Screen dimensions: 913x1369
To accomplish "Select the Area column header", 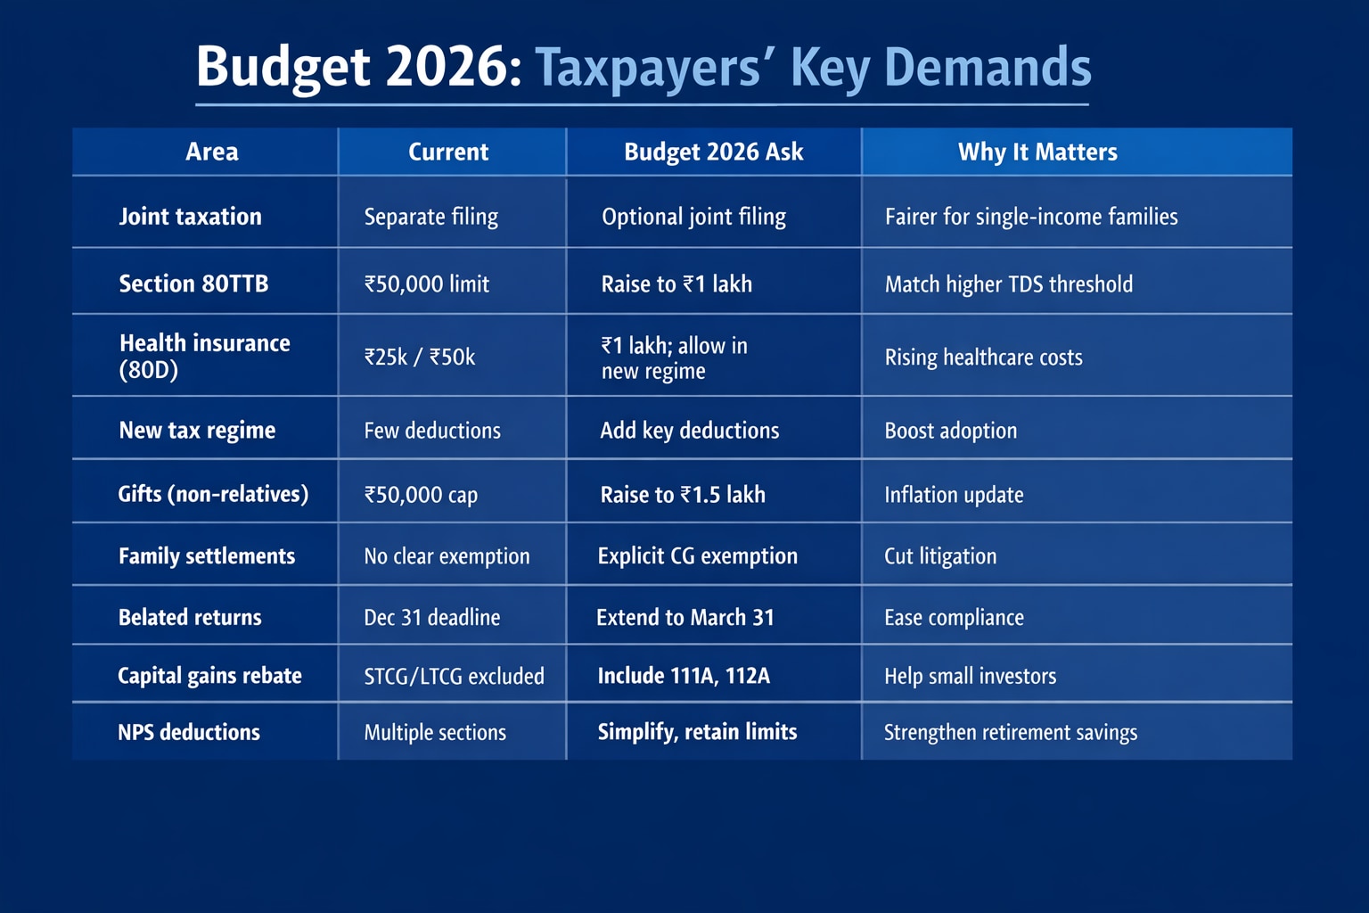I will [x=212, y=152].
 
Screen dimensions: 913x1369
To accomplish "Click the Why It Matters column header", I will [x=1037, y=152].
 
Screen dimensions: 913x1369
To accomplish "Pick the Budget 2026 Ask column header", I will [x=713, y=152].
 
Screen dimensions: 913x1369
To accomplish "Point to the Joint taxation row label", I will [x=190, y=217].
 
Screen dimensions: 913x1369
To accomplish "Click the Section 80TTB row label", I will [x=193, y=284].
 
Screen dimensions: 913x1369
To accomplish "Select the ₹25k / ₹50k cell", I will [x=420, y=357].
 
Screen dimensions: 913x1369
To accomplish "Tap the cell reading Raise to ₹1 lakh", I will [x=676, y=284].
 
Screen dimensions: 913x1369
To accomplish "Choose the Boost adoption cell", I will [x=950, y=431].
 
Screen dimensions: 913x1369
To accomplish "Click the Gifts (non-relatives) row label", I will [x=213, y=494].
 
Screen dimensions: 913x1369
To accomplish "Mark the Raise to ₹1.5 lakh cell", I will [x=683, y=494].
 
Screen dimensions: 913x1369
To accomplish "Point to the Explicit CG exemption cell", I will [x=697, y=555].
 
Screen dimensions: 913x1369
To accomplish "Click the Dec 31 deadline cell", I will [x=432, y=617].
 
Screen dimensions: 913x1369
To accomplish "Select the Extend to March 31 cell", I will [x=684, y=617].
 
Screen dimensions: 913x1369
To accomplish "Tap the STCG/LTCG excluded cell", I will [x=454, y=676].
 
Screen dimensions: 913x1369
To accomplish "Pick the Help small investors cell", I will [x=970, y=676].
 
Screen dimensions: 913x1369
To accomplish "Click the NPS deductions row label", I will [x=189, y=732].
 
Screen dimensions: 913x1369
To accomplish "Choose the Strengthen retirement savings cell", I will [x=1010, y=732].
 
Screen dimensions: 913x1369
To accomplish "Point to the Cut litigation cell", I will [x=940, y=555].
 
